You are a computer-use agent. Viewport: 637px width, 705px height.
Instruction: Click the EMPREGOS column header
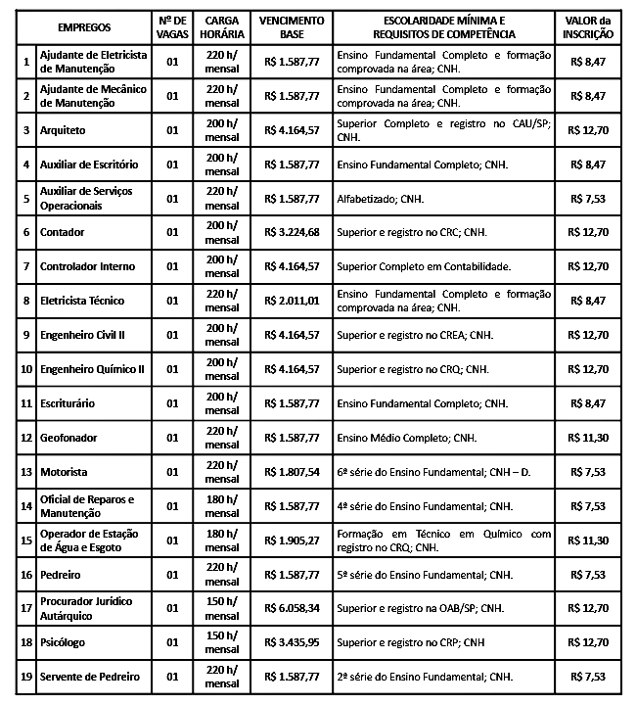click(84, 26)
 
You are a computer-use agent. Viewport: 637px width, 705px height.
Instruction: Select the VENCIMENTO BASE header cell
click(292, 26)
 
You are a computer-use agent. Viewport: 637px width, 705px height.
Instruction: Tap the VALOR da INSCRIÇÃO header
click(590, 26)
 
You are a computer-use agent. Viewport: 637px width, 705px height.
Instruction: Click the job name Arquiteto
click(63, 129)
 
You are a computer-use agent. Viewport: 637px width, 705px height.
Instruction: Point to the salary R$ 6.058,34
click(292, 608)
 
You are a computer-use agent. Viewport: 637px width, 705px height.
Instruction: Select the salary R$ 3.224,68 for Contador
click(292, 232)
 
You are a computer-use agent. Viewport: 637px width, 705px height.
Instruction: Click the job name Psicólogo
click(64, 642)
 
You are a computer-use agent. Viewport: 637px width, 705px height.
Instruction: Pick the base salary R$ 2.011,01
click(292, 301)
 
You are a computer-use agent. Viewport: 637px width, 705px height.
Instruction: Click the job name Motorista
click(64, 472)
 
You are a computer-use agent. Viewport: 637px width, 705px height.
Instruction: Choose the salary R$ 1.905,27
click(292, 540)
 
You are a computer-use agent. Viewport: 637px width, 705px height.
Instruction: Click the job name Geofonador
click(68, 438)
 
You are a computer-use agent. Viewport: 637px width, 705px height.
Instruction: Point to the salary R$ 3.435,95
click(292, 642)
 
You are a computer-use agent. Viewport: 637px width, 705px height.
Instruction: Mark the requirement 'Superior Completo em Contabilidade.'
click(425, 266)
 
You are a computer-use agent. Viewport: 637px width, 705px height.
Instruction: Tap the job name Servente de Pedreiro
click(89, 677)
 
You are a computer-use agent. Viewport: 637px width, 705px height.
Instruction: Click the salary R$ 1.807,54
click(292, 472)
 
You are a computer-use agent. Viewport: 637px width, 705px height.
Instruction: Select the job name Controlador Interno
click(87, 266)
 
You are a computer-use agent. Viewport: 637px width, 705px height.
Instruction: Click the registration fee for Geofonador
click(590, 438)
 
